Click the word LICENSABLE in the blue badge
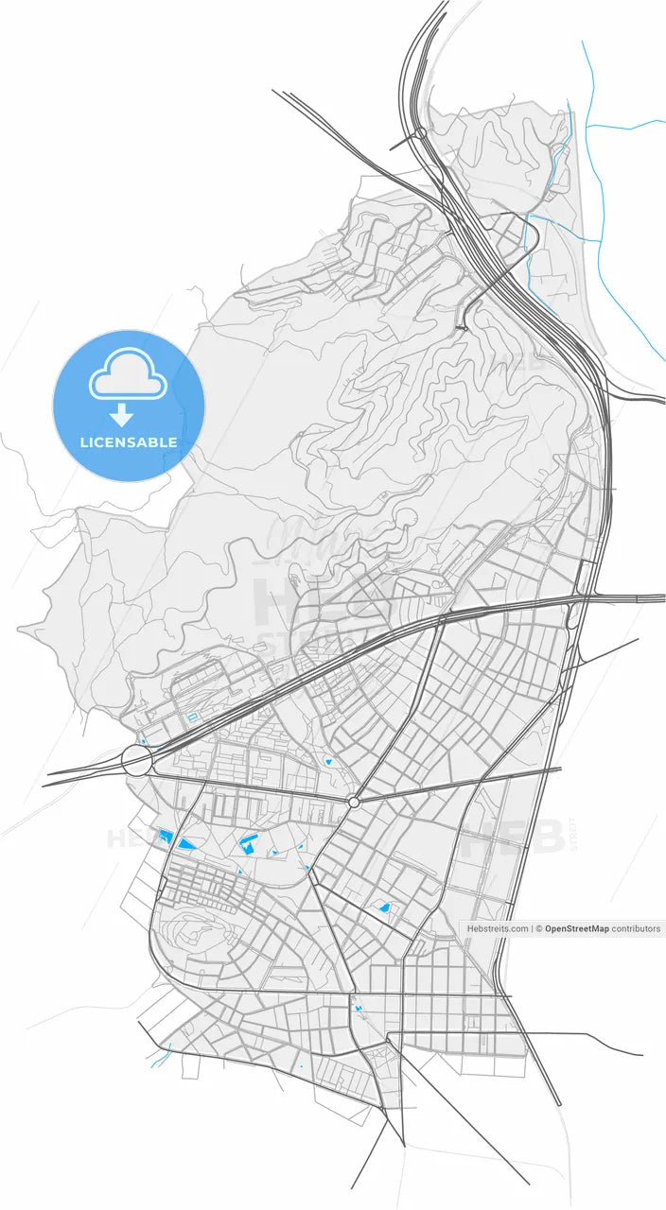click(129, 442)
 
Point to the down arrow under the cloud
click(122, 414)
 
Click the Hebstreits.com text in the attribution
click(498, 928)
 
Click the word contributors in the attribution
click(636, 928)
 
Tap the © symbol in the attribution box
click(539, 928)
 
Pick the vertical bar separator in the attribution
click(532, 928)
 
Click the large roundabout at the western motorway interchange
click(136, 760)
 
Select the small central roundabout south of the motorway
click(354, 802)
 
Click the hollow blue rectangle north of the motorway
click(192, 717)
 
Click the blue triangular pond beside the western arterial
click(186, 842)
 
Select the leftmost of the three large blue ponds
click(166, 836)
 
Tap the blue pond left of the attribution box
click(385, 907)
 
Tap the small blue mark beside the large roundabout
click(143, 740)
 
